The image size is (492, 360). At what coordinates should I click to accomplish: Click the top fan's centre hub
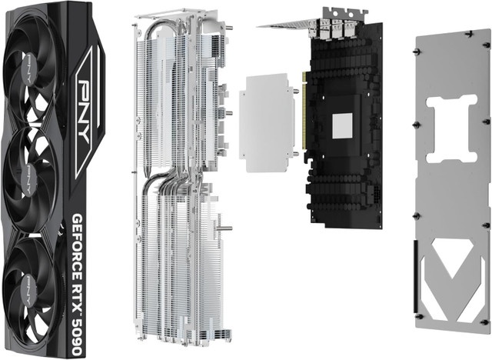(x=29, y=68)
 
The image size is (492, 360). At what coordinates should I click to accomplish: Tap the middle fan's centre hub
(x=29, y=179)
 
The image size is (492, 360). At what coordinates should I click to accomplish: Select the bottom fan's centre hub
(x=29, y=290)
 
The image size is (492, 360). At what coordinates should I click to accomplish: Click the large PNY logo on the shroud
(x=84, y=112)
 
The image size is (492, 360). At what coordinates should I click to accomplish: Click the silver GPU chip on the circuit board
(x=342, y=125)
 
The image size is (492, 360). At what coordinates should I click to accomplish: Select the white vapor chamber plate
(x=267, y=123)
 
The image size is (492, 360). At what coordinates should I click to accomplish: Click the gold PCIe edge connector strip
(x=304, y=111)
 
